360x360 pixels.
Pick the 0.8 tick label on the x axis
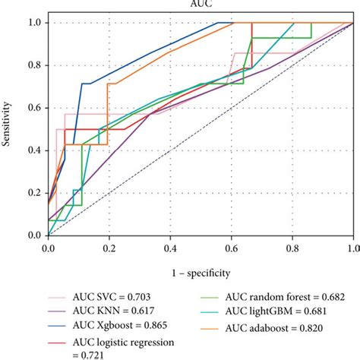point(292,248)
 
